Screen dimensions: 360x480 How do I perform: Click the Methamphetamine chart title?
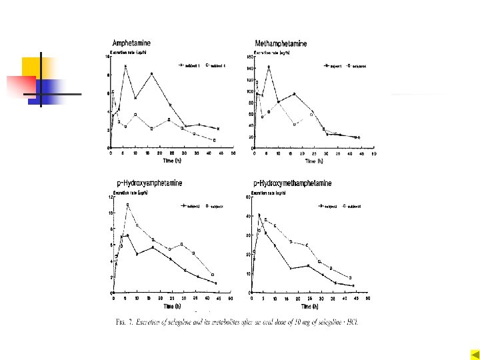coord(281,43)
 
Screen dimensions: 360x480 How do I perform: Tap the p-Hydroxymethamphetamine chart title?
coord(292,183)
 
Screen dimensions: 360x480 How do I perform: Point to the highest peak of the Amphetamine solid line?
coord(125,66)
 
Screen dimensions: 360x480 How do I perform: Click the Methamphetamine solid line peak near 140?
coord(269,67)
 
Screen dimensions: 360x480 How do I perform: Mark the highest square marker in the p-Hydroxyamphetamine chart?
coord(127,205)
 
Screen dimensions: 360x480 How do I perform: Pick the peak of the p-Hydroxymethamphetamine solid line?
coord(258,215)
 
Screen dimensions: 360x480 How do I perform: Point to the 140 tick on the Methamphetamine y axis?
coord(250,68)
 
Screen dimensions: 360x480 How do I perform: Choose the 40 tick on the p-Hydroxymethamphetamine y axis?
coord(248,216)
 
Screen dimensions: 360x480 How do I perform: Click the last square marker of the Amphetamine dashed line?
coord(214,140)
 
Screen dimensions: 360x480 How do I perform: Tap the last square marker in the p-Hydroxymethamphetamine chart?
coord(351,277)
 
